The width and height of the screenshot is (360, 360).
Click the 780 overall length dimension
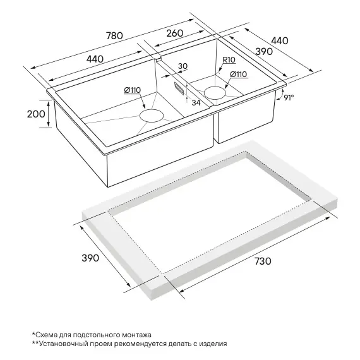pos(114,35)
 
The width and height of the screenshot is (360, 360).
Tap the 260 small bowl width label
pos(175,33)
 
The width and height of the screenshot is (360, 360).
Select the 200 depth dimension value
pos(36,114)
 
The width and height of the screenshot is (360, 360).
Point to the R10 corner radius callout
pos(229,60)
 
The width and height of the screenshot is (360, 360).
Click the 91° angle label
pos(289,97)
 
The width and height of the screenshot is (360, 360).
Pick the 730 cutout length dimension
pos(263,261)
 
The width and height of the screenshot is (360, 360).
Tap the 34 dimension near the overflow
pos(196,102)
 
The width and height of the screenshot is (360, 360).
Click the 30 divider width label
pos(183,66)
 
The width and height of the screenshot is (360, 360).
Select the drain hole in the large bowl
pos(152,116)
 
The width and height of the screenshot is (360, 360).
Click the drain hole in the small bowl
pos(215,93)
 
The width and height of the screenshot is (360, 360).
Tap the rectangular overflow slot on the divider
pos(179,88)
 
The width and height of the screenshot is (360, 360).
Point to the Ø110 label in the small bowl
pos(238,74)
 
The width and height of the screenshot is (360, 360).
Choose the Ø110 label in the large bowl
pos(132,90)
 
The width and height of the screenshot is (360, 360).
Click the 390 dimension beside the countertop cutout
pos(90,258)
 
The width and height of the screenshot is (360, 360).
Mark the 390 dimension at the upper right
pos(264,52)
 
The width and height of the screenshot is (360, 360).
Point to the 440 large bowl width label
pos(95,59)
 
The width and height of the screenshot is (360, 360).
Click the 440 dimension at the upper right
pos(280,40)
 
